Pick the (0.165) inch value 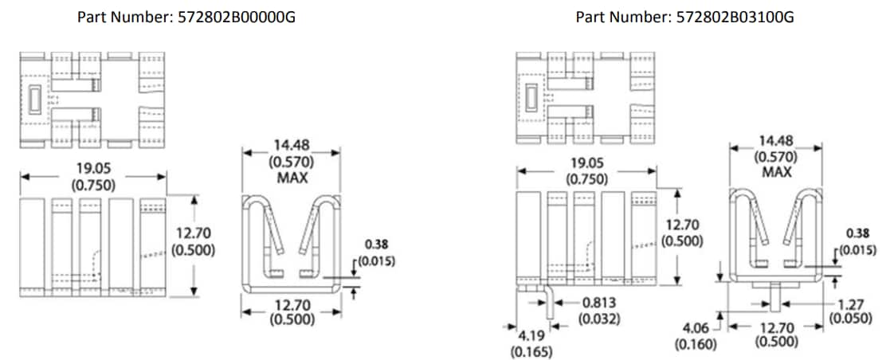click(x=530, y=350)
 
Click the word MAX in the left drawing click(x=292, y=177)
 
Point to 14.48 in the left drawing click(x=292, y=145)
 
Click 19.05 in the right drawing click(x=586, y=163)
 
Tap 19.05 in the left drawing click(x=94, y=170)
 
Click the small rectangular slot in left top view click(x=33, y=100)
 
